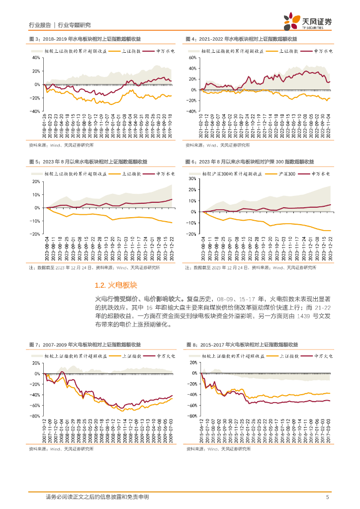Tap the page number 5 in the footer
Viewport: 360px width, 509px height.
pyautogui.click(x=327, y=497)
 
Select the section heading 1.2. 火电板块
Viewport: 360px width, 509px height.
pyautogui.click(x=115, y=285)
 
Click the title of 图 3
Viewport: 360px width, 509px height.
pyautogui.click(x=85, y=39)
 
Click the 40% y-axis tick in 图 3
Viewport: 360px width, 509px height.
pyautogui.click(x=36, y=57)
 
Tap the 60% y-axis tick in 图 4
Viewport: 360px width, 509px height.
pyautogui.click(x=193, y=57)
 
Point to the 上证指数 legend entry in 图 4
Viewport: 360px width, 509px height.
pyautogui.click(x=288, y=51)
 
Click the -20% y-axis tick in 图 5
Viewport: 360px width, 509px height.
pyautogui.click(x=35, y=234)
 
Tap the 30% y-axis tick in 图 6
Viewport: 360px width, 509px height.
pyautogui.click(x=192, y=178)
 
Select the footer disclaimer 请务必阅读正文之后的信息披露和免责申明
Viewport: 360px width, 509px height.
pyautogui.click(x=97, y=497)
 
